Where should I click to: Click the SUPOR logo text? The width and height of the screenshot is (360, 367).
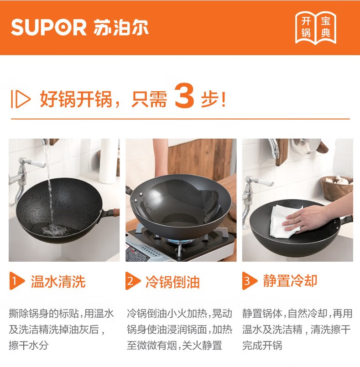click(x=49, y=27)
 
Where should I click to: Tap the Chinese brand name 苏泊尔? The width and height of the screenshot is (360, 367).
click(x=120, y=27)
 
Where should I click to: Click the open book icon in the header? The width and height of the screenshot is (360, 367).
click(x=315, y=28)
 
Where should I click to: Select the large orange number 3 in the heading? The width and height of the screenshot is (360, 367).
click(x=184, y=95)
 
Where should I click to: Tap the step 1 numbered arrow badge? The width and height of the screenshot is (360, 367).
click(x=16, y=281)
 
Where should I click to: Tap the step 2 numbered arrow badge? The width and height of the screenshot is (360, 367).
click(x=133, y=281)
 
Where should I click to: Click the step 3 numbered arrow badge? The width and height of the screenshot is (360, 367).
click(x=250, y=281)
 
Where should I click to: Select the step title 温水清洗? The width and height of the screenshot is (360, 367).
click(x=58, y=281)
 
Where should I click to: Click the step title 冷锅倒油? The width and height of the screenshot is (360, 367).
click(x=172, y=282)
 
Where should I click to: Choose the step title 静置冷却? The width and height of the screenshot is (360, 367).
click(x=290, y=280)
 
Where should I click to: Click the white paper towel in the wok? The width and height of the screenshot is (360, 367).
click(x=284, y=221)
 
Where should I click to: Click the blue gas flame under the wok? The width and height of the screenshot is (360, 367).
click(x=179, y=242)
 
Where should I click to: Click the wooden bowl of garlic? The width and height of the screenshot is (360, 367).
click(x=337, y=188)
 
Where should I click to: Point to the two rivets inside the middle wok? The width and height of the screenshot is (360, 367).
click(x=138, y=197)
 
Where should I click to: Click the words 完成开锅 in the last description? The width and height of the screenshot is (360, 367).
click(x=262, y=346)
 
